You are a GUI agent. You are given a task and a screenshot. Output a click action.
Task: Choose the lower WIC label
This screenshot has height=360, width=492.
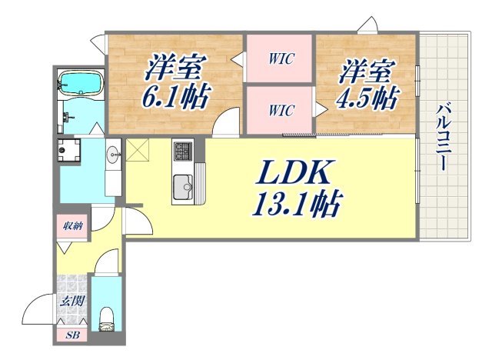pos(281,110)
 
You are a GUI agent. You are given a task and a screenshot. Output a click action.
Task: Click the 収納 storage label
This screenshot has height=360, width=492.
pos(73,226)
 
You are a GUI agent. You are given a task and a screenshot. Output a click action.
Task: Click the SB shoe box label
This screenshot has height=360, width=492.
pos(71,335)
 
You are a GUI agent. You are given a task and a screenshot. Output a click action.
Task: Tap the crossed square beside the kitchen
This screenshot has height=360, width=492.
pos(138,152)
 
